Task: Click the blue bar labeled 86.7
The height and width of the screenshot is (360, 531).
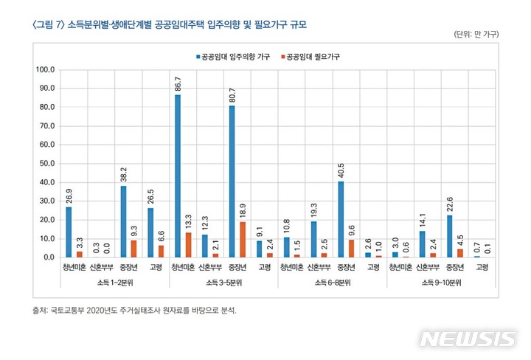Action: pyautogui.click(x=178, y=176)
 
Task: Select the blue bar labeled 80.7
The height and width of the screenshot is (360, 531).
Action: pyautogui.click(x=232, y=181)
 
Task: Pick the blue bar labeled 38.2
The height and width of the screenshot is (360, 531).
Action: pyautogui.click(x=123, y=221)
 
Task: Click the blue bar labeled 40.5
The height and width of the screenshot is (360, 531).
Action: pyautogui.click(x=341, y=219)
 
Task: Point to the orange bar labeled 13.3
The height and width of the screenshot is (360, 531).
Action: pyautogui.click(x=188, y=245)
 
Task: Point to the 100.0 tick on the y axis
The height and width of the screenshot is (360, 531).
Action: pyautogui.click(x=46, y=70)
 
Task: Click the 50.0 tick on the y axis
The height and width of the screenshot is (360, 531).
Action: pyautogui.click(x=47, y=164)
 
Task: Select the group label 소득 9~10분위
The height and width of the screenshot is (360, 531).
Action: pyautogui.click(x=442, y=283)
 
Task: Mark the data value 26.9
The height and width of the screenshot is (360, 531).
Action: pyautogui.click(x=69, y=195)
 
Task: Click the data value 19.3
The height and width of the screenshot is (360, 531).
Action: pyautogui.click(x=313, y=210)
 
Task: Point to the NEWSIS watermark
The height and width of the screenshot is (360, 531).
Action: pyautogui.click(x=468, y=339)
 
